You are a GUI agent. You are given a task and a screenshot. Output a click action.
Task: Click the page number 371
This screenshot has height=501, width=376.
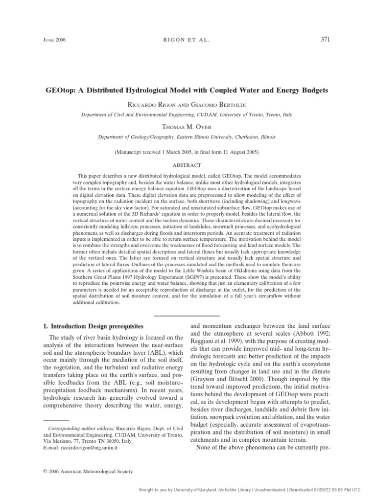(x=325, y=39)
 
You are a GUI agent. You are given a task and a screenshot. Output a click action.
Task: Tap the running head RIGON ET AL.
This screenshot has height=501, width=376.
(x=188, y=40)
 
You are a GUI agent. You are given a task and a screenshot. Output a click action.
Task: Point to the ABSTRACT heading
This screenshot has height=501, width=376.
(x=187, y=165)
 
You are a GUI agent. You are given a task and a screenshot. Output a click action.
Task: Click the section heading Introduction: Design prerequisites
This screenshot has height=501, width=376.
(x=93, y=325)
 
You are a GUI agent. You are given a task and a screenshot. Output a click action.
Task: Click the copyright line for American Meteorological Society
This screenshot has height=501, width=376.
(x=89, y=471)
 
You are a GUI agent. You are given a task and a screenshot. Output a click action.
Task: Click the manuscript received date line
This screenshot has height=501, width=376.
(x=187, y=152)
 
